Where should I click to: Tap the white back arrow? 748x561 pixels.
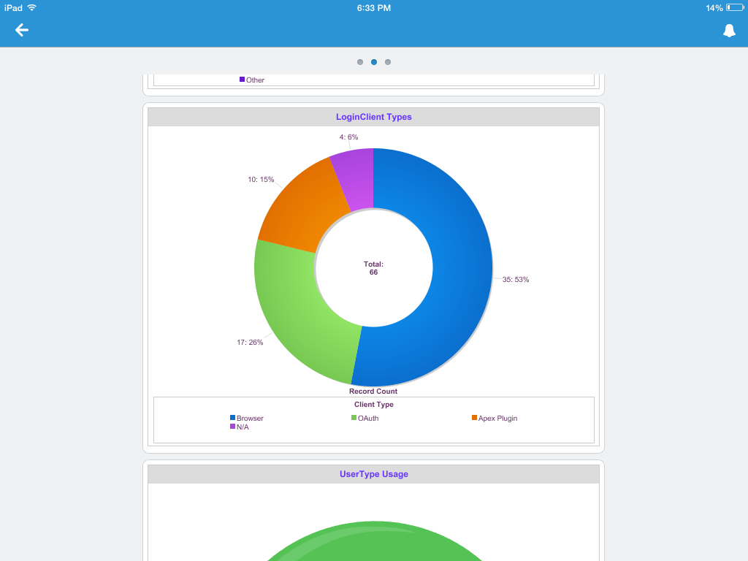click(22, 30)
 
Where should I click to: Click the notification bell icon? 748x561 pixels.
click(729, 30)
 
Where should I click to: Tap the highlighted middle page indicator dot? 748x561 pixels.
click(374, 62)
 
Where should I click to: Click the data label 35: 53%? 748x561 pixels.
click(515, 280)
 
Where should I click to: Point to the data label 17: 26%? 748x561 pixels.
click(250, 342)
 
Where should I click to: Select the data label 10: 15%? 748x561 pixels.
click(261, 179)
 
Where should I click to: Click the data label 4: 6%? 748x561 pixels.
click(348, 137)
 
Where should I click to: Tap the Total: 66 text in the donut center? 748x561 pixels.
click(373, 268)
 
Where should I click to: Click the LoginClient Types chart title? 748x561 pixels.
click(373, 117)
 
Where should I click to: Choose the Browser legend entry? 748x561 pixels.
click(249, 419)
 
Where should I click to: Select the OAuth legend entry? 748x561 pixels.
click(367, 419)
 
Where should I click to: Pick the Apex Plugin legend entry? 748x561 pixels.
click(497, 419)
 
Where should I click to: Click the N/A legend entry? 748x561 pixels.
click(242, 427)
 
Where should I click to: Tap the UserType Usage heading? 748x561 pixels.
click(373, 474)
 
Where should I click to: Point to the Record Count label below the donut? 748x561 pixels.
click(373, 392)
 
